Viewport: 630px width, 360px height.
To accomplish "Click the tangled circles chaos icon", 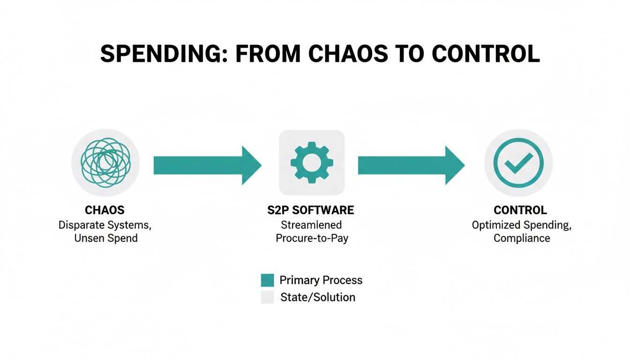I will point(105,163).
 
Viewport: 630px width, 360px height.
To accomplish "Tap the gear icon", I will point(312,163).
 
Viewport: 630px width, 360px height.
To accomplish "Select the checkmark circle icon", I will point(518,163).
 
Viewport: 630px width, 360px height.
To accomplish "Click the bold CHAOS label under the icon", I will point(105,210).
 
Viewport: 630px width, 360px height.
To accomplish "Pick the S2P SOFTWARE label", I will point(311,210).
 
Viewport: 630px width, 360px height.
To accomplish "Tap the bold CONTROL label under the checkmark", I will point(520,210).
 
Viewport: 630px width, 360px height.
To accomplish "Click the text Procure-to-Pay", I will point(312,238).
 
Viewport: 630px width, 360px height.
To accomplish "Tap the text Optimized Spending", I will point(521,225).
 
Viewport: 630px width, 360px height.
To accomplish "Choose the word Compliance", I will point(521,238).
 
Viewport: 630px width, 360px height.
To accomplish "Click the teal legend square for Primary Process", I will point(267,280).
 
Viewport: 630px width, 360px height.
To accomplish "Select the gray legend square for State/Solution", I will point(267,297).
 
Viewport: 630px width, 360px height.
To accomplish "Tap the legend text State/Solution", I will point(317,297).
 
